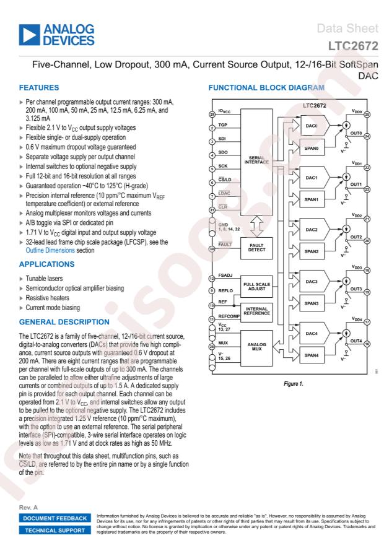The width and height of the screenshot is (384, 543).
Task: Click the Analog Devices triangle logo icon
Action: click(x=29, y=35)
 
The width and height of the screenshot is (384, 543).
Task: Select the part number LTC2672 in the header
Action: click(x=353, y=46)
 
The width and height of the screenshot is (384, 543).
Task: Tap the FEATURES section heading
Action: click(x=39, y=88)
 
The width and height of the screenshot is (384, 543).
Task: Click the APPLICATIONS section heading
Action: click(x=46, y=264)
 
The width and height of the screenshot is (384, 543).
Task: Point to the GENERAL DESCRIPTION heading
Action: click(x=64, y=322)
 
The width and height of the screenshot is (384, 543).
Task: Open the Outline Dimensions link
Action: click(x=50, y=250)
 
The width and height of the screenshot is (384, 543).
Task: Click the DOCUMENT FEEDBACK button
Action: click(x=55, y=518)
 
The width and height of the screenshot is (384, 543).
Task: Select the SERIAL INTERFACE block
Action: click(x=256, y=162)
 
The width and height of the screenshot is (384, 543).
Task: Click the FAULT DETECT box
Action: click(x=256, y=248)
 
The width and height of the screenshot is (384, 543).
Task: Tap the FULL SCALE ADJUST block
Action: click(x=256, y=287)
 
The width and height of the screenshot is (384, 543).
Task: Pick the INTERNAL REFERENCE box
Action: click(x=256, y=311)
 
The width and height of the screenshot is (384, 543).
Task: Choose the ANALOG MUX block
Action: click(x=256, y=347)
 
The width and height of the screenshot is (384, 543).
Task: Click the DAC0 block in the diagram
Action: click(x=314, y=126)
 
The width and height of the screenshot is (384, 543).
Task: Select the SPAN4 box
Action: click(x=312, y=355)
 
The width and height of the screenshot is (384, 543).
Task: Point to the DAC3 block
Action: click(x=314, y=282)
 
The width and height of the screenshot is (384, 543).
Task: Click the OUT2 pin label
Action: click(x=356, y=237)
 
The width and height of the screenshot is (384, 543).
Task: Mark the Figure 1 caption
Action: click(x=294, y=384)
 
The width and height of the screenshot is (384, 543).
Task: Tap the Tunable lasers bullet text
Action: click(x=45, y=279)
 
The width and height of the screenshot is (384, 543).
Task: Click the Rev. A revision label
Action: click(x=28, y=507)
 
